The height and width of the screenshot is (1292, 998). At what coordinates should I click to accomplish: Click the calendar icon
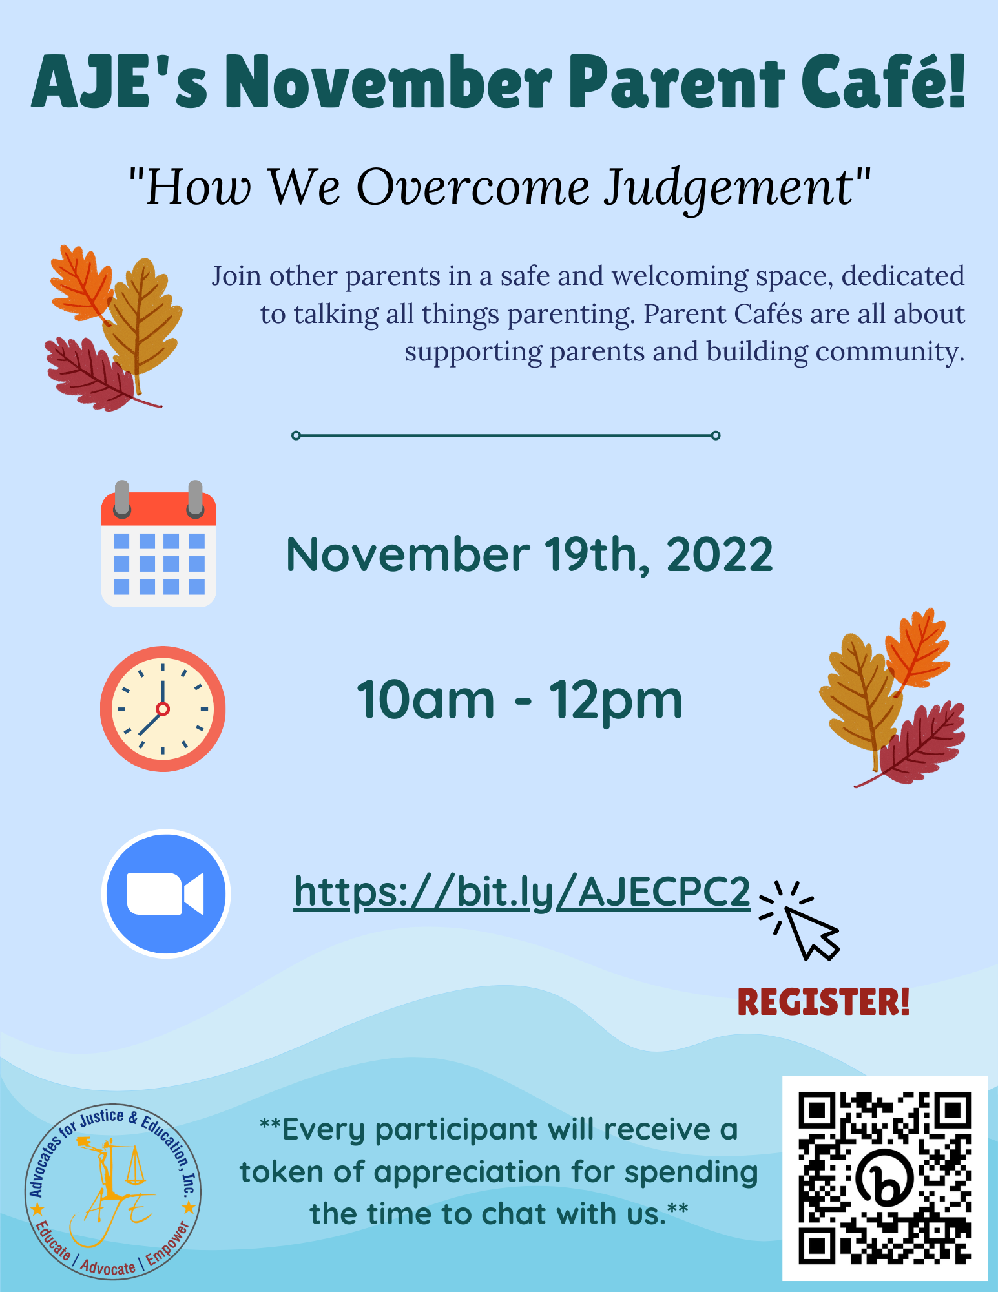tap(158, 543)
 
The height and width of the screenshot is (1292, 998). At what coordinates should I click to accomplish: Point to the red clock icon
tap(163, 709)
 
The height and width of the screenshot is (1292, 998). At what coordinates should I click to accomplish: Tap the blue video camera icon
tap(166, 893)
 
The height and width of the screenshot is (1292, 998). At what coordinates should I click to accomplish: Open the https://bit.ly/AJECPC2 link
tap(522, 893)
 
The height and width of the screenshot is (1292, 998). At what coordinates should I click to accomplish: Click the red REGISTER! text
tap(824, 1002)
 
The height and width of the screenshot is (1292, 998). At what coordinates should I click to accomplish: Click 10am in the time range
tap(425, 700)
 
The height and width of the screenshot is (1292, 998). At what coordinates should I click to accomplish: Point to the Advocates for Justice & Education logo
tap(113, 1192)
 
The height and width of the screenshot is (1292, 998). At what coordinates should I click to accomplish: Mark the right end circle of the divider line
tap(716, 435)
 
